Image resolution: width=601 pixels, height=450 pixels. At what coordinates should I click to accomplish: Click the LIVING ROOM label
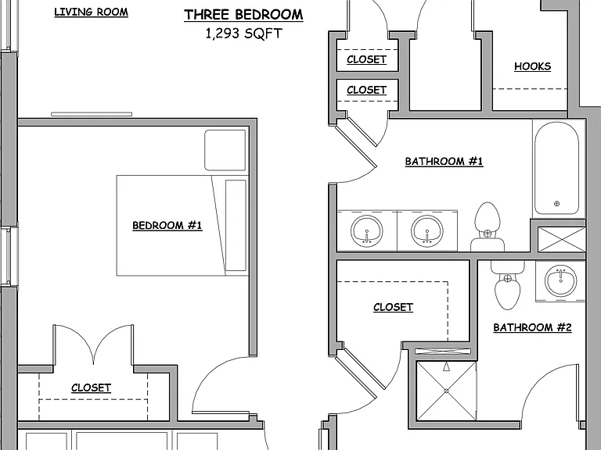(92, 12)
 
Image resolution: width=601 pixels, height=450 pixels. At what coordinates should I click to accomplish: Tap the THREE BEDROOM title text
(243, 15)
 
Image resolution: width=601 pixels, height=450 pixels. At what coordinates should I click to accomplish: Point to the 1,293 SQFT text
(244, 34)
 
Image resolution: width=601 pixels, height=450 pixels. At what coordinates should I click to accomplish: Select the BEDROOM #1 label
(167, 225)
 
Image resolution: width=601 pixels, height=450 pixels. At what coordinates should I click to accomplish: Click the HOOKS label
(532, 66)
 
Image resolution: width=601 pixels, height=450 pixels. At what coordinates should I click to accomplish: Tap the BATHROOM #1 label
(444, 161)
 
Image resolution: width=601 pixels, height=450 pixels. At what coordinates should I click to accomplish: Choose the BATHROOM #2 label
(532, 327)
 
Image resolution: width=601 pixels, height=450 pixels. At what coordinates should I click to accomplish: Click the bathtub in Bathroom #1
(556, 169)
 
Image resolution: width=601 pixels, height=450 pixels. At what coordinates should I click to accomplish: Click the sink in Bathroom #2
(561, 281)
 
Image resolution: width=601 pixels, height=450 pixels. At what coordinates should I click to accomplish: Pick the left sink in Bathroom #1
(367, 230)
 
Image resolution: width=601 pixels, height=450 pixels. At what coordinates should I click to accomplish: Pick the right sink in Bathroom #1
(427, 230)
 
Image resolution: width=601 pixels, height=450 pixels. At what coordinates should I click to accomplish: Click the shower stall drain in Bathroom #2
(447, 391)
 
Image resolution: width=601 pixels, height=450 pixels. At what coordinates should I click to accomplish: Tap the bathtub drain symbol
(557, 204)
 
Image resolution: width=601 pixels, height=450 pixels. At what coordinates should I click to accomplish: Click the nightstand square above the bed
(225, 150)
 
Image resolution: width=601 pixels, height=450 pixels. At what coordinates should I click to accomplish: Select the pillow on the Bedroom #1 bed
(236, 225)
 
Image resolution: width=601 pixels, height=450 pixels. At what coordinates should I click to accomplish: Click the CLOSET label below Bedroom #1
(92, 387)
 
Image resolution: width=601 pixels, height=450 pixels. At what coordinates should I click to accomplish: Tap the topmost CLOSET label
(366, 59)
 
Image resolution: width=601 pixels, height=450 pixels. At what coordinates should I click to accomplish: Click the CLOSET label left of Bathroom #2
(394, 307)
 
